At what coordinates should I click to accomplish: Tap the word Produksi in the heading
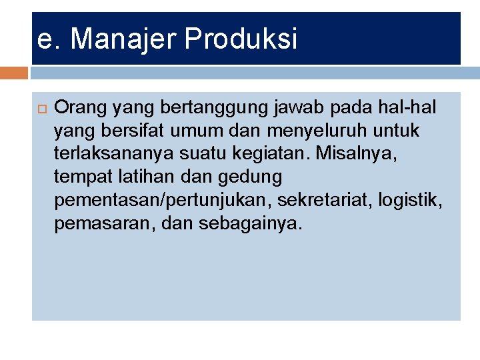click(241, 40)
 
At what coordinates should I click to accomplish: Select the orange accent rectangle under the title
click(15, 73)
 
